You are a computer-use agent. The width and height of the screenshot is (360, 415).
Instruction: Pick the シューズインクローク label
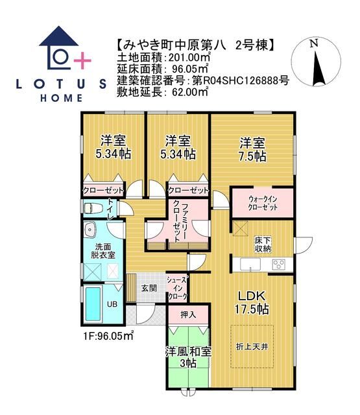(177, 287)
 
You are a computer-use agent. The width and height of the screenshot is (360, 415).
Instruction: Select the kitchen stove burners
(279, 264)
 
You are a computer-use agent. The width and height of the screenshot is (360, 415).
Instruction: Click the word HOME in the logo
(62, 98)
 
